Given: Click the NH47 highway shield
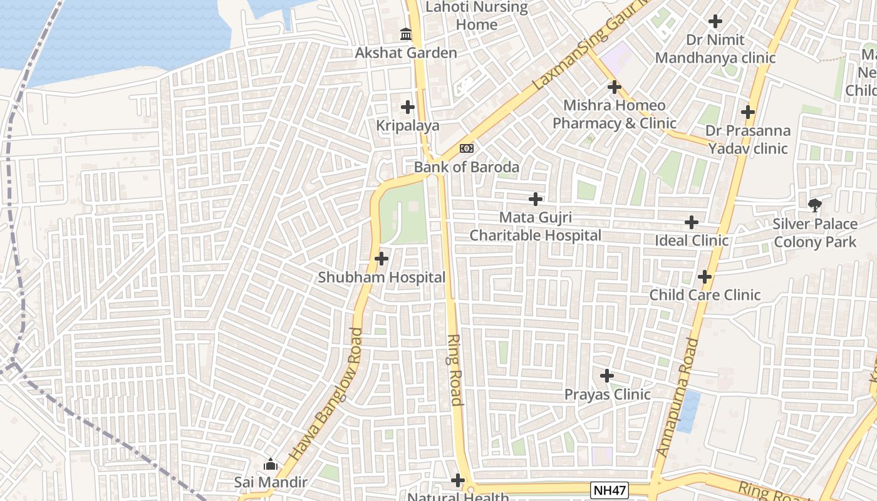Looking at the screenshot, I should click(x=609, y=490).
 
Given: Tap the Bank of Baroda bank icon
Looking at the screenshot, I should click(x=467, y=148).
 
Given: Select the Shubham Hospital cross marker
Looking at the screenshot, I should click(x=381, y=258).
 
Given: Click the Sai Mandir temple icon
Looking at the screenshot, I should click(x=271, y=464).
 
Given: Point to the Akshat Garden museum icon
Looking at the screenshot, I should click(x=406, y=34).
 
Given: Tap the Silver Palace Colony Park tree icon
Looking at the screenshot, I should click(x=815, y=205).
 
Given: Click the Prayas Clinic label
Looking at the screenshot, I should click(x=607, y=395).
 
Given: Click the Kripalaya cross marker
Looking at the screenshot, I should click(x=408, y=107).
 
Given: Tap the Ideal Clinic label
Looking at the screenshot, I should click(x=691, y=240).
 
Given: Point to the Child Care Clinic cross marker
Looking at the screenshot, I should click(x=705, y=276).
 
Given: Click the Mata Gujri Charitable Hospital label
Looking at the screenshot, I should click(x=536, y=227).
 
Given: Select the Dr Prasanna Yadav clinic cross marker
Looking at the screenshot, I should click(x=747, y=112).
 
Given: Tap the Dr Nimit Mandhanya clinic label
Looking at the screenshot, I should click(x=715, y=49).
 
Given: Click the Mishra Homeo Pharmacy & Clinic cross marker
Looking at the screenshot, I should click(x=614, y=87).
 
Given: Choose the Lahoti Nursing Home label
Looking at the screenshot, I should click(x=477, y=16).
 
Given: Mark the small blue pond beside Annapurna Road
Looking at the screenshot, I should click(x=689, y=411).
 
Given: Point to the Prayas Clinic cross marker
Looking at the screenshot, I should click(x=607, y=376).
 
